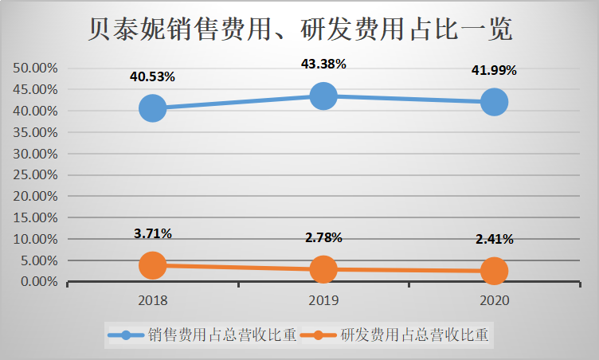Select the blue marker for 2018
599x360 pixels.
152,108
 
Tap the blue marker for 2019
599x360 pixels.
323,96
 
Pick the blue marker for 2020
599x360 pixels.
494,102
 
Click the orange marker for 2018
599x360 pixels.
152,265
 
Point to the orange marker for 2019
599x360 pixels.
323,269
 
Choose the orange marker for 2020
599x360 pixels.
494,271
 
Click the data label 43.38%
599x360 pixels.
323,65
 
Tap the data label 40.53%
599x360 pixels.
152,76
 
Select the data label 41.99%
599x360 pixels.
494,70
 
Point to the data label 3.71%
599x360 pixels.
152,233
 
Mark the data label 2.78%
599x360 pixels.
323,237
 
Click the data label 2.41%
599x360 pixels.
494,239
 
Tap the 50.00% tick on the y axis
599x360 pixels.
35,68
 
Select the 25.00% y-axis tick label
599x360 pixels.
35,174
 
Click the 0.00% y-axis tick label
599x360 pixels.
38,282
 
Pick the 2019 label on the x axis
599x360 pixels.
323,300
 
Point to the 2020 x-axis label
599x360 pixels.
494,300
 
